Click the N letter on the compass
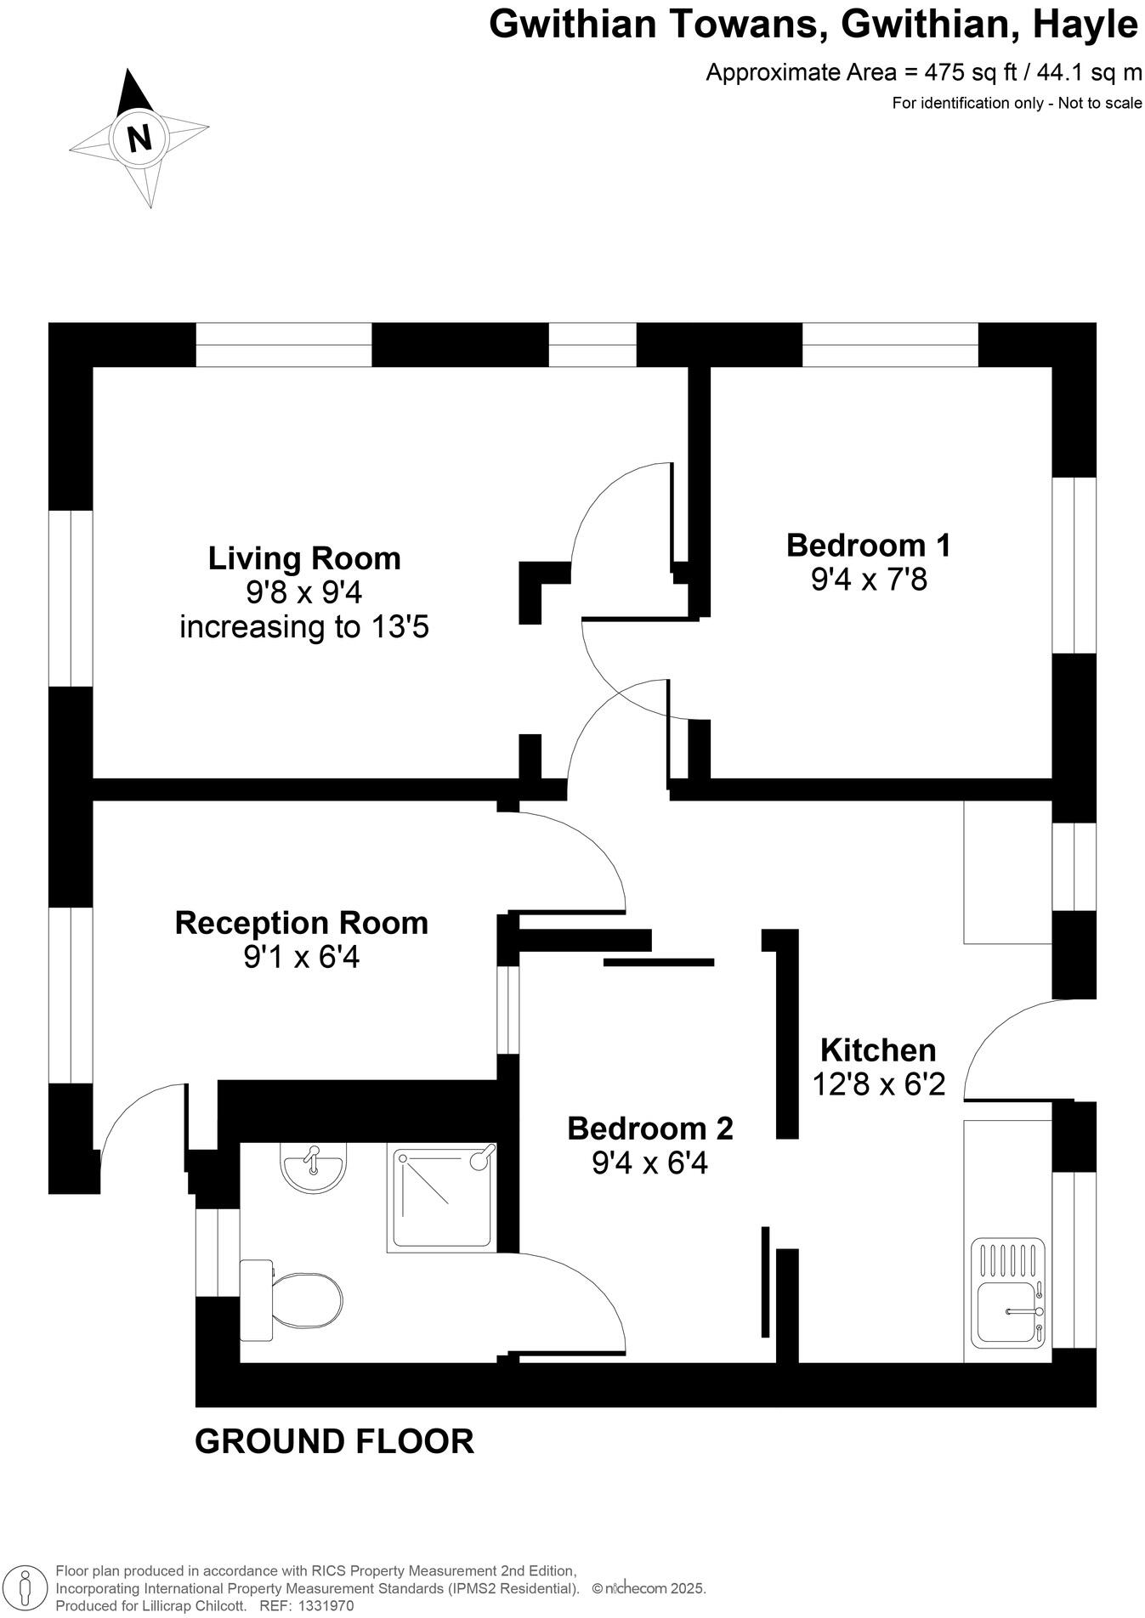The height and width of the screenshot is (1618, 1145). tap(139, 138)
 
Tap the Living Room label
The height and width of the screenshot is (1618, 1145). tap(304, 558)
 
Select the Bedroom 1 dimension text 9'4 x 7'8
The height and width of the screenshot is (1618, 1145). tap(868, 580)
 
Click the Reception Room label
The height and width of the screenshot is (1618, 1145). tap(301, 923)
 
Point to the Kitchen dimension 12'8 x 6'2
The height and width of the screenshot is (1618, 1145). tap(879, 1084)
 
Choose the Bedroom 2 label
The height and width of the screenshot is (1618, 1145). tap(649, 1129)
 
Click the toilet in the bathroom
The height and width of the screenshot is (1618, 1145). tap(293, 1299)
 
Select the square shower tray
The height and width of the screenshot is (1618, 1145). tap(441, 1198)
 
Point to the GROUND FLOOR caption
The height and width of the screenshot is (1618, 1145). tap(334, 1441)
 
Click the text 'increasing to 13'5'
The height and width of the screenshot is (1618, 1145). tap(304, 627)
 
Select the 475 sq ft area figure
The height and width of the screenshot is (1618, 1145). tap(970, 72)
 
